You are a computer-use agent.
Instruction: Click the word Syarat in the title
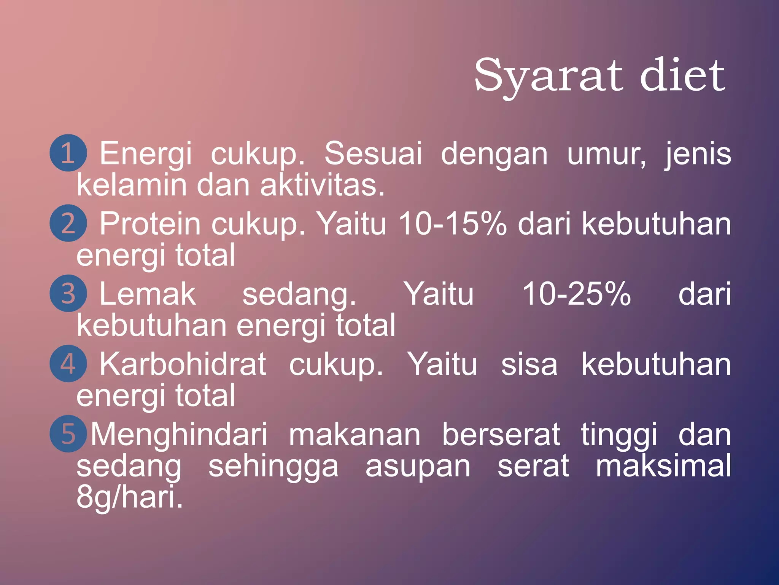pyautogui.click(x=548, y=76)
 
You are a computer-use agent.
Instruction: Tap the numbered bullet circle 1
pyautogui.click(x=68, y=153)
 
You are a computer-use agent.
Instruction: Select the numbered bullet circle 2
pyautogui.click(x=68, y=223)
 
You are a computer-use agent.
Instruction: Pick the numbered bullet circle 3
pyautogui.click(x=68, y=294)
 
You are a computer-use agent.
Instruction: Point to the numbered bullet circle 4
pyautogui.click(x=68, y=364)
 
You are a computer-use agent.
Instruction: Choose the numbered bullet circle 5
pyautogui.click(x=68, y=434)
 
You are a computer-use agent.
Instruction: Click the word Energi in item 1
pyautogui.click(x=146, y=154)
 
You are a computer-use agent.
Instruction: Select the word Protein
pyautogui.click(x=150, y=224)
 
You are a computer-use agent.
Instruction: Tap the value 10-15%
pyautogui.click(x=453, y=224)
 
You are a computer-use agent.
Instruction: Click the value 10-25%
pyautogui.click(x=577, y=294)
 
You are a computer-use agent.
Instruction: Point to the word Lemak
pyautogui.click(x=148, y=294)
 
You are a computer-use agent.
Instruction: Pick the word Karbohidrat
pyautogui.click(x=183, y=364)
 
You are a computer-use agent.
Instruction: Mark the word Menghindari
pyautogui.click(x=179, y=435)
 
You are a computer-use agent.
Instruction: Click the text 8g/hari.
pyautogui.click(x=130, y=497)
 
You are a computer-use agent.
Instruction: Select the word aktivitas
pyautogui.click(x=322, y=185)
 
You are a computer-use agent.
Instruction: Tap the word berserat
pyautogui.click(x=501, y=435)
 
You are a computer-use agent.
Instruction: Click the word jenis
pyautogui.click(x=698, y=154)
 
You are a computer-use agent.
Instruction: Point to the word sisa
pyautogui.click(x=529, y=364)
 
